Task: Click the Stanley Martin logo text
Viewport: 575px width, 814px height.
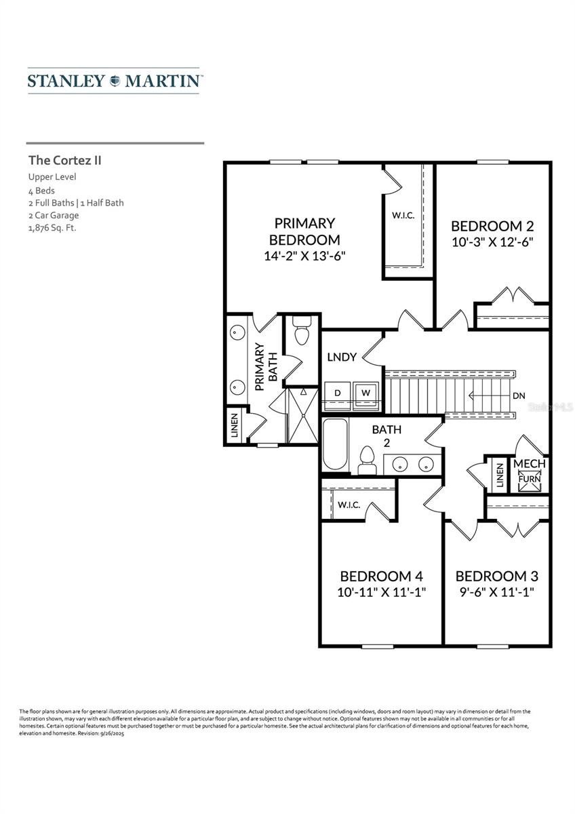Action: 115,81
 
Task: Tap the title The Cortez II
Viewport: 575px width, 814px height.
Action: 64,161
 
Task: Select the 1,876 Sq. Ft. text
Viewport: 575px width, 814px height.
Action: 52,228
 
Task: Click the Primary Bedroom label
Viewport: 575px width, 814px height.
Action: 304,231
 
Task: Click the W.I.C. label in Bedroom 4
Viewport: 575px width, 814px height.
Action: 349,505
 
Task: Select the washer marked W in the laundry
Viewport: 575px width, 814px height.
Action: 366,393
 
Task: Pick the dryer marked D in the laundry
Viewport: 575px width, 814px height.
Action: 336,393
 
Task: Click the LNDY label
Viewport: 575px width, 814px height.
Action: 341,357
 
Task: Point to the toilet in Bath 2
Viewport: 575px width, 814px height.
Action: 367,460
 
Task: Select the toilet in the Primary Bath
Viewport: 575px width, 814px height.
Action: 301,332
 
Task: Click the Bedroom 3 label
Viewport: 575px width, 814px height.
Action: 496,576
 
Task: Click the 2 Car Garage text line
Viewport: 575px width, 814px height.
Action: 54,215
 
